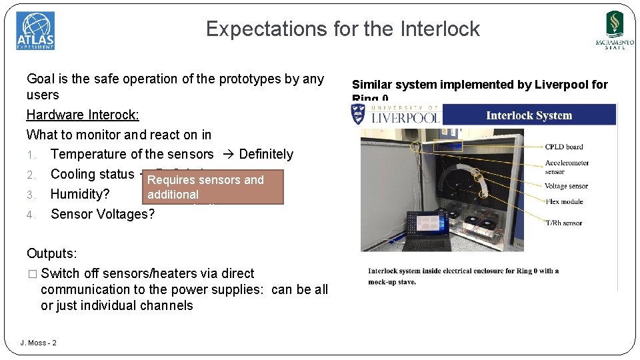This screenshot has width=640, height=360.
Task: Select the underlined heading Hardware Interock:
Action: click(83, 115)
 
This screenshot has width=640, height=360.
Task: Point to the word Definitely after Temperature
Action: click(266, 154)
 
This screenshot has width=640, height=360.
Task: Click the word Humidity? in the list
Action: click(80, 194)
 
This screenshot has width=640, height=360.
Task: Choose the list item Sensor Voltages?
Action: click(103, 214)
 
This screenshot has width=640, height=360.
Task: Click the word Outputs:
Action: click(51, 253)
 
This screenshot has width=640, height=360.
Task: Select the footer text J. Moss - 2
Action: click(39, 343)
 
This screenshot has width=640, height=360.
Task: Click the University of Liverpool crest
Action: click(358, 114)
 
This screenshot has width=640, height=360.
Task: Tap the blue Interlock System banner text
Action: click(529, 115)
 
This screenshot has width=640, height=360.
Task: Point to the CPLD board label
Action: click(563, 147)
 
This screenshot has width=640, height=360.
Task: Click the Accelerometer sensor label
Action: click(567, 167)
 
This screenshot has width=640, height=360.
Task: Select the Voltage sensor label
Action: click(566, 187)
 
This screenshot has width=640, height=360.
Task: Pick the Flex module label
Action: click(563, 201)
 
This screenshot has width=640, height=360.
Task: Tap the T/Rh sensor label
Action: click(563, 223)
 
